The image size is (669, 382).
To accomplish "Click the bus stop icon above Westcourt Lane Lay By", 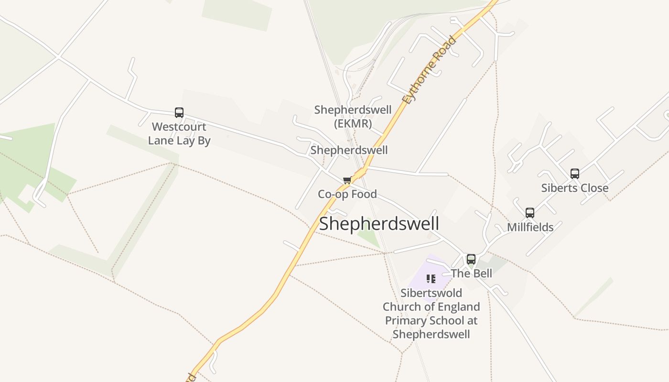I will coord(179,113).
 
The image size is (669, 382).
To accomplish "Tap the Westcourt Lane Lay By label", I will coord(179,134).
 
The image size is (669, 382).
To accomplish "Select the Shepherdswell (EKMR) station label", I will coord(353,117).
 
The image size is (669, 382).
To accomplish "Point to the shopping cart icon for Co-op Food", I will coord(347,180).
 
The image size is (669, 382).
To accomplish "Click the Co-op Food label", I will coord(347,194).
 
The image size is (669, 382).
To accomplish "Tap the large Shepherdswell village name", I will coord(379,223).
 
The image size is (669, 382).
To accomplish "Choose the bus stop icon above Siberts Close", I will coord(575,174).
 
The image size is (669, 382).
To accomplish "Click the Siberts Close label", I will coord(575,188).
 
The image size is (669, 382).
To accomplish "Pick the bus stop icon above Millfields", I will coord(530,213).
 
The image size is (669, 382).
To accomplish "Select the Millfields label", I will coord(530,227).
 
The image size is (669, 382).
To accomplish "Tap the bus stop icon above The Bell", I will coord(471,259).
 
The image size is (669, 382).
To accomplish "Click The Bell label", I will coord(471,273).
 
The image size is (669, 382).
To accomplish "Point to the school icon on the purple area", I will coord(431,278).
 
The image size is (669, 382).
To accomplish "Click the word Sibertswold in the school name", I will coord(431,293).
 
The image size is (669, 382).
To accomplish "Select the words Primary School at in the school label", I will coord(431,320).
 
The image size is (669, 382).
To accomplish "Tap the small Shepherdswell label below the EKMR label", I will coord(349,150).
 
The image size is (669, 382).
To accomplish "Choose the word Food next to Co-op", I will coord(363,194).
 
